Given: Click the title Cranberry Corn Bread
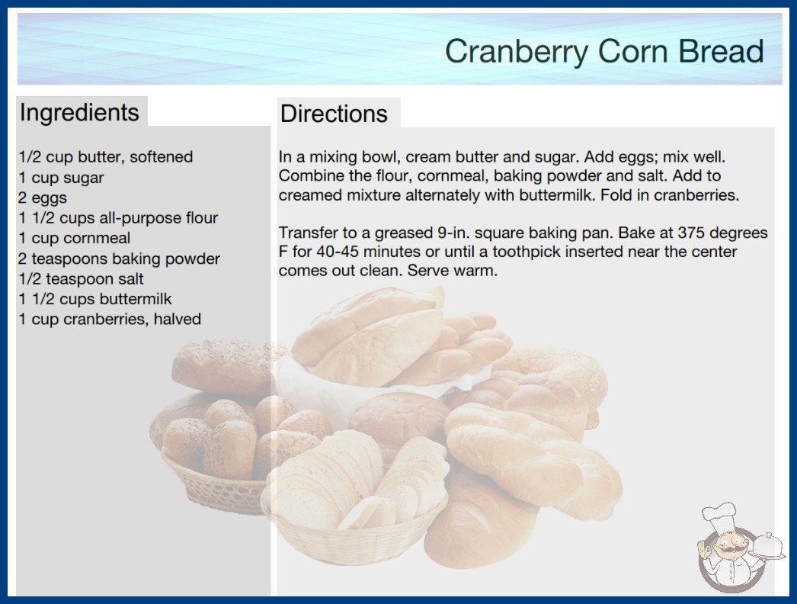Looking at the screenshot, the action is pos(604,52).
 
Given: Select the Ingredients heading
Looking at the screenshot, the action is pos(79,113).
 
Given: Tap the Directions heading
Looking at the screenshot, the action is pos(334,114).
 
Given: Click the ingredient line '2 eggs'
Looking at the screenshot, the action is pos(43,198).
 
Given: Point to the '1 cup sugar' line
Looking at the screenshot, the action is pos(61,178).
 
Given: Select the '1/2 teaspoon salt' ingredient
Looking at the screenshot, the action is pos(81,279).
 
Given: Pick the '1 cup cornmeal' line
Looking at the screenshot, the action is pos(74,238).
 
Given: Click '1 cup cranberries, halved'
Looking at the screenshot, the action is pos(110,319).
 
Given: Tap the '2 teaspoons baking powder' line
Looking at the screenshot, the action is pos(119,259).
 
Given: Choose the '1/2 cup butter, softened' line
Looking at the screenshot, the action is pos(106,157).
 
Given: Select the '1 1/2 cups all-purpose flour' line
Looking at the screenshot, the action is pos(118,218).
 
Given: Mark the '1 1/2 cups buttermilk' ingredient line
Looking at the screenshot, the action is pos(95,299).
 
